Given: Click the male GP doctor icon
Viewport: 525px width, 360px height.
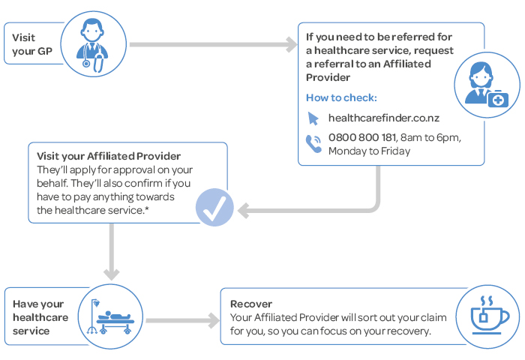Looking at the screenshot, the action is pos(92,45).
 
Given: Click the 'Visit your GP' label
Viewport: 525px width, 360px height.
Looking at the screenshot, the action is pos(32,44).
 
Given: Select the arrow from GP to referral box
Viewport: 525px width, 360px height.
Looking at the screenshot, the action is pos(213,44).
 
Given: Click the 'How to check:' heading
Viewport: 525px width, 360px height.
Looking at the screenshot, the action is pos(341,97).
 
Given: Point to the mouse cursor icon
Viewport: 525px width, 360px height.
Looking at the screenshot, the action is pos(313,118).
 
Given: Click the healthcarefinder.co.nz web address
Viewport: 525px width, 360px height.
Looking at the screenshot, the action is pos(384,118).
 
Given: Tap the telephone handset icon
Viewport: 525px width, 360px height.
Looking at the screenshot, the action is pos(313,143).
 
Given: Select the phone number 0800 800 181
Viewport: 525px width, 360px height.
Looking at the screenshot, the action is pos(362,137).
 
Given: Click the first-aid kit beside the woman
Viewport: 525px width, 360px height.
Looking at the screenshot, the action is pos(498,99).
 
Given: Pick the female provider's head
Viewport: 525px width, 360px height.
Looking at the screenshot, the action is pos(481,75).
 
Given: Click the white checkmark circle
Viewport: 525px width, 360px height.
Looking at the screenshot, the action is pos(214,207).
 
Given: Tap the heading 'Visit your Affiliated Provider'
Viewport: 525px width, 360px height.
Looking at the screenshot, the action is pos(109,156).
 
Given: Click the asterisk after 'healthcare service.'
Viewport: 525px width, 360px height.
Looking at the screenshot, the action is pos(147,209).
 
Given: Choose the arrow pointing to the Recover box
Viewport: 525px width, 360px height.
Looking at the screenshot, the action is pos(183,320).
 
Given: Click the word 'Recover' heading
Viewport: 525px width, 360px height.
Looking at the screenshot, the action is pos(251,304).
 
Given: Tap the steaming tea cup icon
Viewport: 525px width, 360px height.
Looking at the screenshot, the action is pos(488,316).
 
